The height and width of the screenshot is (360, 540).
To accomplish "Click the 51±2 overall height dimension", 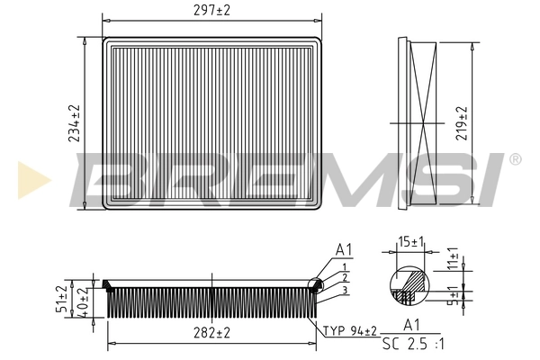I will pos(62,298).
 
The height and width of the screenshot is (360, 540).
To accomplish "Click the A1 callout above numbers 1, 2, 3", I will pos(343,249).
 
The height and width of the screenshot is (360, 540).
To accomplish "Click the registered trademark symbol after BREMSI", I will pos(514,159).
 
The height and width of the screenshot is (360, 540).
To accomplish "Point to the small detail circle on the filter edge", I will pos(315,285).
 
